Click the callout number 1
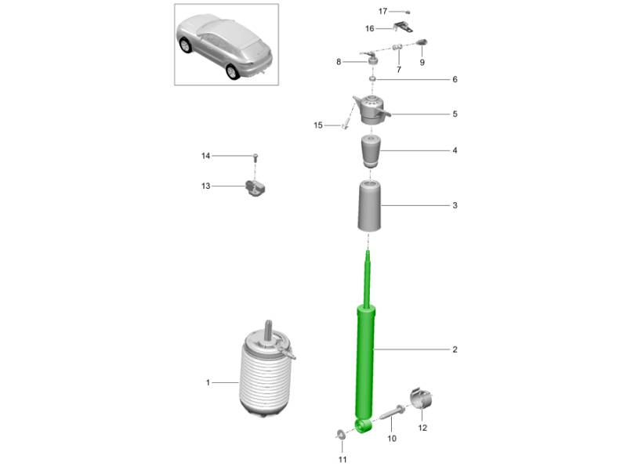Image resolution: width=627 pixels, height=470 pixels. (x=208, y=382)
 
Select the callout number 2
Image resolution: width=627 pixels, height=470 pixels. (x=455, y=349)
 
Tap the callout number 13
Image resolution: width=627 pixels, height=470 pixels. (x=205, y=186)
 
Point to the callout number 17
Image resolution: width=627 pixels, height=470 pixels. (x=382, y=11)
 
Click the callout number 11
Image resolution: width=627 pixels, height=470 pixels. (x=342, y=459)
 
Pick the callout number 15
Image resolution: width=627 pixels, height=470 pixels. (x=318, y=125)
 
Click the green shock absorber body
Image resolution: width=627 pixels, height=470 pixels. (x=367, y=360)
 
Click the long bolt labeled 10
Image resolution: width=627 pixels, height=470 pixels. (x=392, y=417)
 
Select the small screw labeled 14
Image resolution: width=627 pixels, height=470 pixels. (x=256, y=158)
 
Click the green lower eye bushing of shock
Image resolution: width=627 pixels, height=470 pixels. (x=363, y=426)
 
